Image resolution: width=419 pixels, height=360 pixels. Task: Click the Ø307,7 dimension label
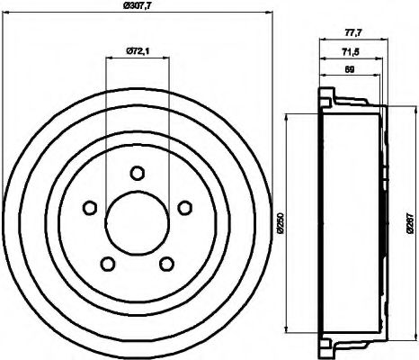tap(137, 6)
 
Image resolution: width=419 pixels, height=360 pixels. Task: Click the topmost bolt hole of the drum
tap(137, 173)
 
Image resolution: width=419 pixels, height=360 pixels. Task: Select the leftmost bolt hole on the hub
tap(89, 208)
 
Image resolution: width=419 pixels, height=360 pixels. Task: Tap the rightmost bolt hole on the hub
tap(184, 208)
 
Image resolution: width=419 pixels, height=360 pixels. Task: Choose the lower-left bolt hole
tap(107, 264)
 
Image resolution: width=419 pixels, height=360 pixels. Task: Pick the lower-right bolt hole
tap(166, 264)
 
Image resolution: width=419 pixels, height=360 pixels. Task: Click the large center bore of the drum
tap(137, 223)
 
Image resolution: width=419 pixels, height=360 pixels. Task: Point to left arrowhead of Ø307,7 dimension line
tap(6, 13)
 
